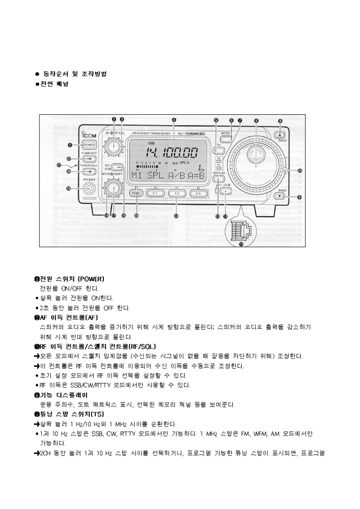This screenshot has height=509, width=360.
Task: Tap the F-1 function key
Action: click(x=155, y=193)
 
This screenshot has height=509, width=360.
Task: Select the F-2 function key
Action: click(x=175, y=193)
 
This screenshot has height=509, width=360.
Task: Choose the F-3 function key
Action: click(x=195, y=193)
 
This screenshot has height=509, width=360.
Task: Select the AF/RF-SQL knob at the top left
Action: click(x=112, y=146)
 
